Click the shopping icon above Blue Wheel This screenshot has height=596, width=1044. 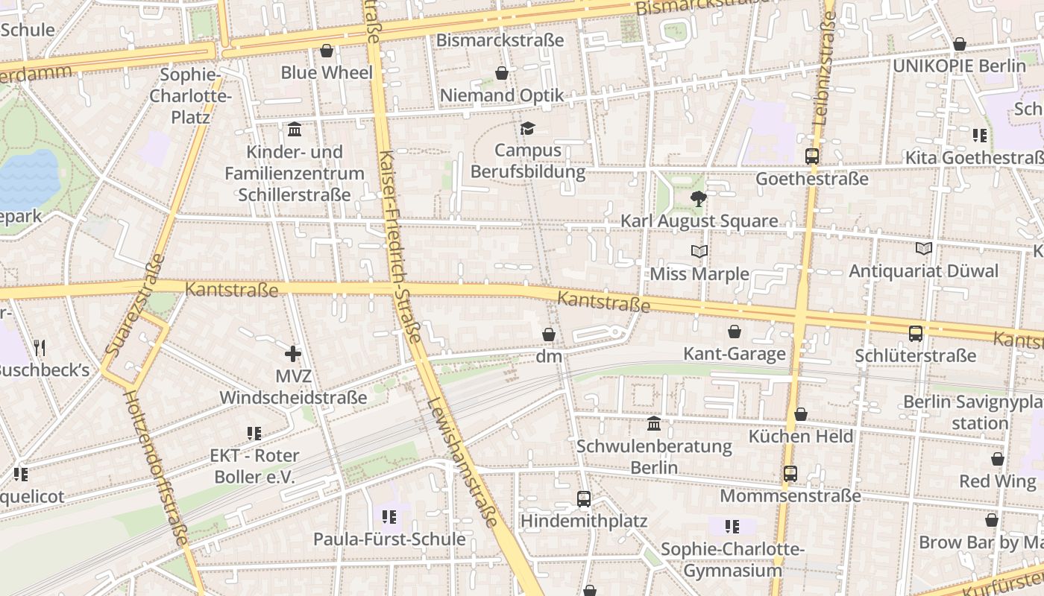pos(327,51)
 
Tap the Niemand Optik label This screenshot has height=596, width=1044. pos(502,95)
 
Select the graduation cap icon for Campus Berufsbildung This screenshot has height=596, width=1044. pos(527,128)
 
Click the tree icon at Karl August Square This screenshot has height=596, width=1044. pos(699,198)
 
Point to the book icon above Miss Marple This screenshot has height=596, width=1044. pos(699,251)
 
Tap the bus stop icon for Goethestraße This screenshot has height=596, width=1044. pos(812,156)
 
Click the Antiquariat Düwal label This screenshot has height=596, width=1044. pos(923,271)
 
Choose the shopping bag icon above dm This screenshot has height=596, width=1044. pos(549,335)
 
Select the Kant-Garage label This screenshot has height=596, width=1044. pos(735,353)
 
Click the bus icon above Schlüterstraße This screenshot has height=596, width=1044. pos(916,333)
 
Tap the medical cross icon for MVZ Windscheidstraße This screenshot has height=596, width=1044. pos(292,353)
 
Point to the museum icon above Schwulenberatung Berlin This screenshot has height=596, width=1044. pos(654,423)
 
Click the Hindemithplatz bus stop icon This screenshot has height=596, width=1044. pos(584,498)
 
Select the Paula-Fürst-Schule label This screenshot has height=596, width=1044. pos(389,539)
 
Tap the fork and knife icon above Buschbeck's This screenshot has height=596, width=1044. pos(40,347)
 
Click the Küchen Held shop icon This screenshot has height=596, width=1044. pos(801,414)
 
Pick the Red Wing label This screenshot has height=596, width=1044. pos(997,481)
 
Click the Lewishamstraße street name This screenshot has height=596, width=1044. pos(462,462)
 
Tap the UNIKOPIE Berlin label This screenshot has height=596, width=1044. pos(959,66)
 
